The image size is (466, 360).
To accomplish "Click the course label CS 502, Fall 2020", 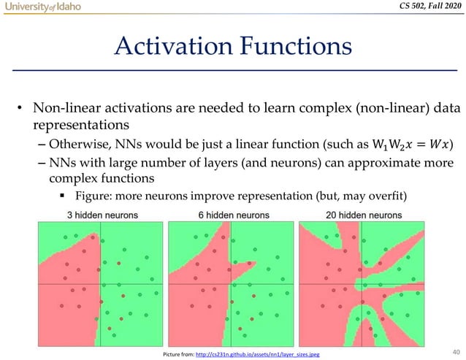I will [x=424, y=8].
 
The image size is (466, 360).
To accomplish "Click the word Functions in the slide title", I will [x=295, y=47].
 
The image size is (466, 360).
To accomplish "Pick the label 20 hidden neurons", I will [x=364, y=215].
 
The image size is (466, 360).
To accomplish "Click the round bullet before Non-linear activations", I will [x=21, y=110].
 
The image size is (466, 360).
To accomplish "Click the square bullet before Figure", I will [x=65, y=197].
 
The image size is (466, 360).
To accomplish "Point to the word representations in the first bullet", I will [x=77, y=126].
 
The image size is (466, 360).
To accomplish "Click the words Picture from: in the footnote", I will [x=175, y=354].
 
